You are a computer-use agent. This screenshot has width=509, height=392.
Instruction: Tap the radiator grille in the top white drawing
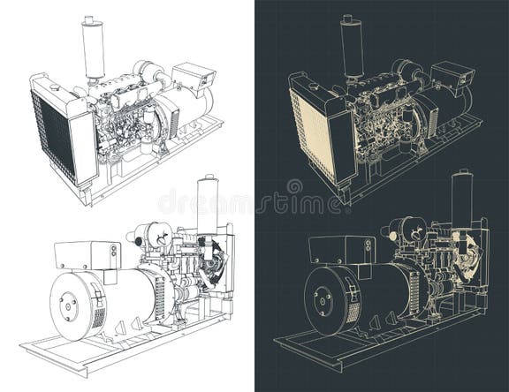[50, 133]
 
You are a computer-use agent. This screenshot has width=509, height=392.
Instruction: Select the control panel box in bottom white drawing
[87, 255]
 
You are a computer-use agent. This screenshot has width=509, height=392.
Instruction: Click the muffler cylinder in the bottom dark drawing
[461, 201]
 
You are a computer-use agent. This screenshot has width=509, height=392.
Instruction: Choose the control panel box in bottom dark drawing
[340, 251]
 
